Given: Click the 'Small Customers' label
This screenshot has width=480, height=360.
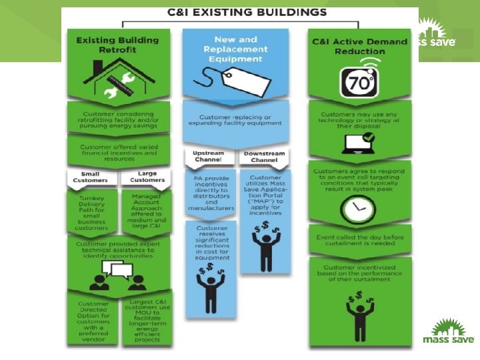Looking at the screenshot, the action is (91, 177).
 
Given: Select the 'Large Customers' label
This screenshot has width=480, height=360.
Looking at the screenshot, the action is (147, 177).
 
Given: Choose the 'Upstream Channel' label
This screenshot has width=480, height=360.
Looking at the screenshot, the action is (208, 157).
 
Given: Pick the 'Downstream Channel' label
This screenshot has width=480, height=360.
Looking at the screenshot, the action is (265, 157).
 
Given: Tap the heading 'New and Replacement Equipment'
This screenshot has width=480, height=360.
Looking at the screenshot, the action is (239, 50).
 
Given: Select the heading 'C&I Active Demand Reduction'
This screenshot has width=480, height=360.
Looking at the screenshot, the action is (360, 46).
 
